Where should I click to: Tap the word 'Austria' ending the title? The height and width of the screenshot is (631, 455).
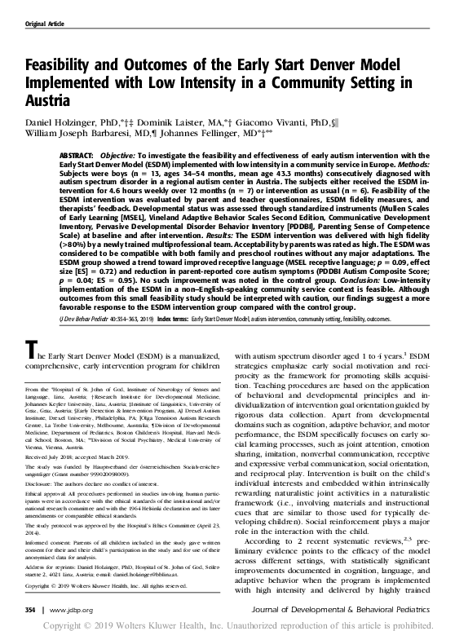tap(50, 104)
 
